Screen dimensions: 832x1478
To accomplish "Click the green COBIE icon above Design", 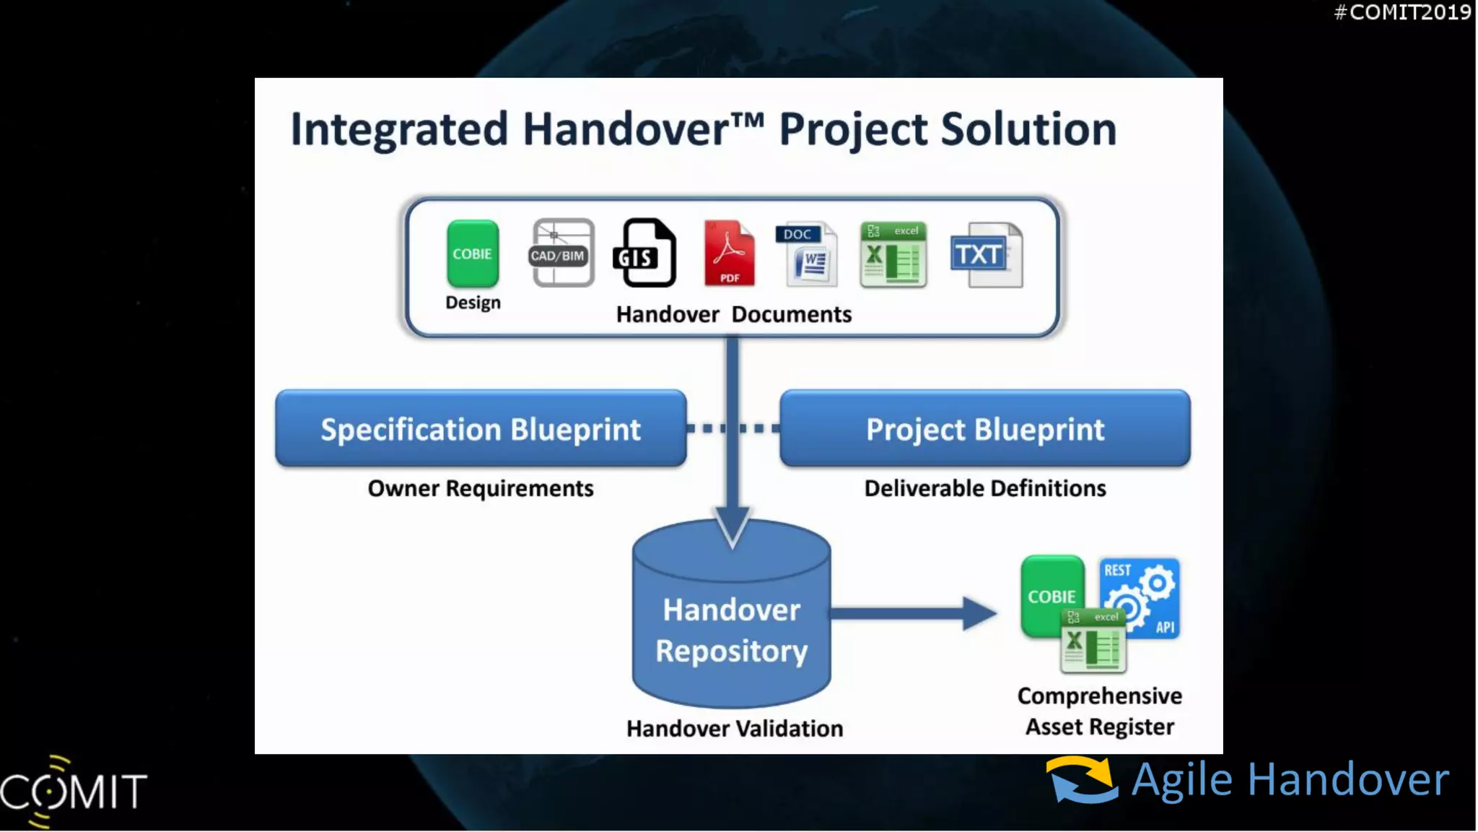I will point(473,253).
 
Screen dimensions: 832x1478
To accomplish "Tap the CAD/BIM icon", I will point(563,253).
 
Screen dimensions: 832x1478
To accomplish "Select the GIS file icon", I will point(644,253).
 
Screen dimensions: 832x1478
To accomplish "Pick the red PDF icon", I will point(730,253).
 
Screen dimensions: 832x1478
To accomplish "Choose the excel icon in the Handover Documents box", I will point(893,255).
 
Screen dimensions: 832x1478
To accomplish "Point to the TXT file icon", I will point(987,255).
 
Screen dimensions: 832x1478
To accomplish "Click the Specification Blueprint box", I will point(481,429).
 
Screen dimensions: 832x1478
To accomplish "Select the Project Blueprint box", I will point(985,429).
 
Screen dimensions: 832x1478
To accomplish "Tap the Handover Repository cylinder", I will point(732,628).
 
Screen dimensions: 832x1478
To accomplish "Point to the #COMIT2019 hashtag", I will point(1402,12).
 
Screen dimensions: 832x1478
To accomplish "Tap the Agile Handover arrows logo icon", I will point(1082,780).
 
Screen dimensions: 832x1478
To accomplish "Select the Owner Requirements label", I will point(481,489).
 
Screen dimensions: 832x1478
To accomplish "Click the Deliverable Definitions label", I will point(985,489).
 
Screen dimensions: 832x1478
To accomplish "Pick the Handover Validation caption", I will point(735,729).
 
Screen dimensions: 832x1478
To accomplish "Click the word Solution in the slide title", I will point(1028,130).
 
